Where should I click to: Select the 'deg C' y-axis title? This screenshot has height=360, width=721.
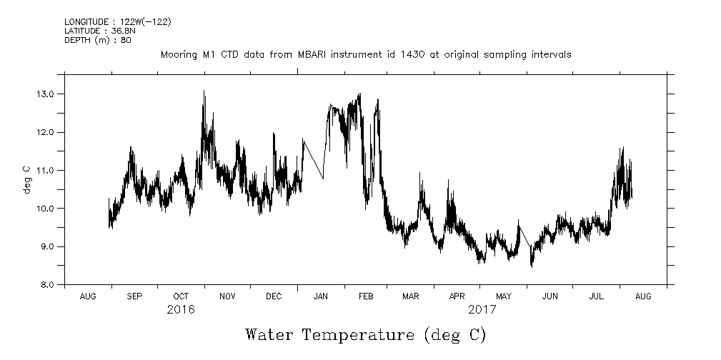tap(27, 179)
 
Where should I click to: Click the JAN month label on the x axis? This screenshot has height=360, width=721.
tap(320, 296)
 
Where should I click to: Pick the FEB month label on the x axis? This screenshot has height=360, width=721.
tap(365, 296)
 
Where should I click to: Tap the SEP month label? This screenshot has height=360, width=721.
tap(134, 296)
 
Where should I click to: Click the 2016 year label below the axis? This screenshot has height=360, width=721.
tap(181, 310)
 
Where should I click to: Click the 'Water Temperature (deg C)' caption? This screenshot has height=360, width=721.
tap(365, 334)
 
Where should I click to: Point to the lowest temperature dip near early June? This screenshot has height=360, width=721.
tap(531, 265)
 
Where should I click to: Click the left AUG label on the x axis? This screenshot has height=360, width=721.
tap(88, 296)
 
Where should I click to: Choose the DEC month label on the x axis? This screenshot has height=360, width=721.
tap(274, 296)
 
